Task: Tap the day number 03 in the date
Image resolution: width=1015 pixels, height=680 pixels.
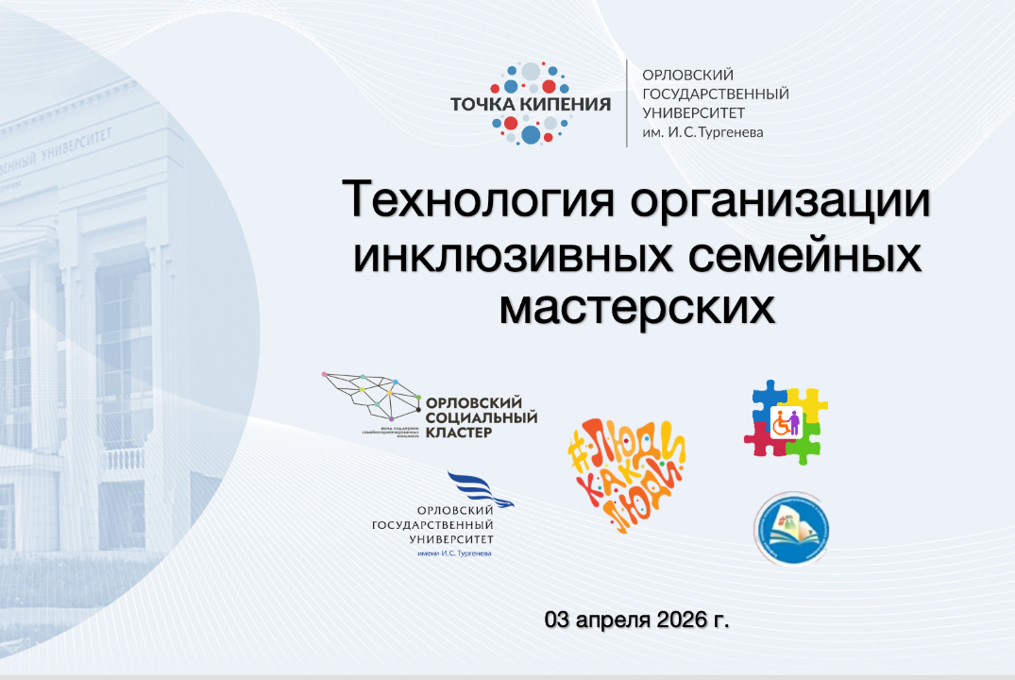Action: [x=558, y=620]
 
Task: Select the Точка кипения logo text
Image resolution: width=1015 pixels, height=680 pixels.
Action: [x=530, y=103]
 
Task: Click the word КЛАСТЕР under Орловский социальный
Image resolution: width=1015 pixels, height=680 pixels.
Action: [x=459, y=433]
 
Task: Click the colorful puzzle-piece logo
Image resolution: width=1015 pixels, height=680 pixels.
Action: [x=786, y=421]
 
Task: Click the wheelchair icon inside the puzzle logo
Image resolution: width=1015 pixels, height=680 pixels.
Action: [x=782, y=425]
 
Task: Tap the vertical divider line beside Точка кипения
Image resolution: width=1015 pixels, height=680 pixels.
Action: [x=627, y=103]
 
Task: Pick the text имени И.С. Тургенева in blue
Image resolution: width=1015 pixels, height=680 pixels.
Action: [x=454, y=552]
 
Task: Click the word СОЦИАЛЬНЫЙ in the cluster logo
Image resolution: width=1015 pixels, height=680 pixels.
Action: [x=482, y=417]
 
